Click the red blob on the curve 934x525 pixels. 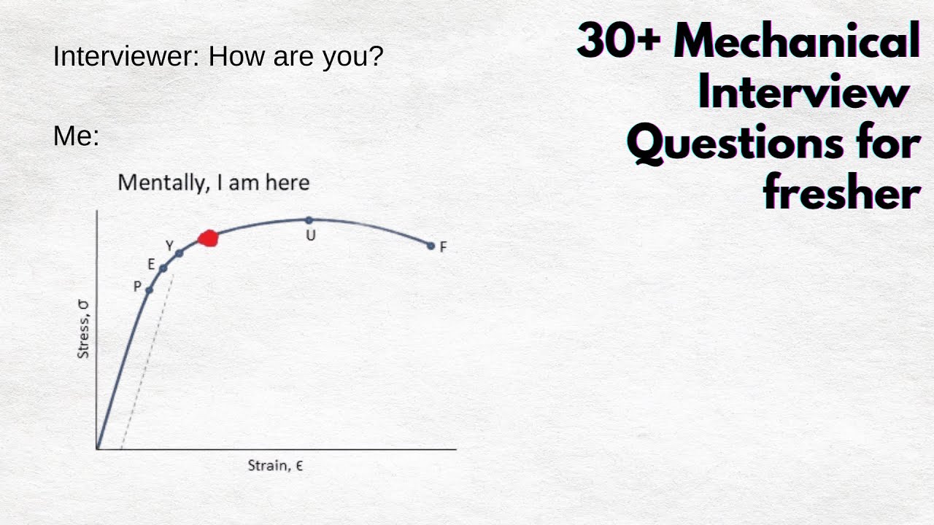[x=209, y=238]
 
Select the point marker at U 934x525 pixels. [x=309, y=219]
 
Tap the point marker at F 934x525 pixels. [x=431, y=246]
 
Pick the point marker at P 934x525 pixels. [x=149, y=290]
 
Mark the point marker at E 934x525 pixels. [x=163, y=268]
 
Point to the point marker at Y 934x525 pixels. [x=180, y=253]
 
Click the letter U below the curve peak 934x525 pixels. [x=310, y=236]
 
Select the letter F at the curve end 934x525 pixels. [x=443, y=247]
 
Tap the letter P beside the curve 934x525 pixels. [x=137, y=287]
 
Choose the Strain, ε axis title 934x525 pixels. [x=275, y=465]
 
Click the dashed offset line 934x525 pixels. [x=146, y=365]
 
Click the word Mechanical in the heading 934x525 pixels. [x=796, y=42]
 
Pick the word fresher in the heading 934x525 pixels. [x=841, y=193]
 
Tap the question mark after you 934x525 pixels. [x=376, y=56]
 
